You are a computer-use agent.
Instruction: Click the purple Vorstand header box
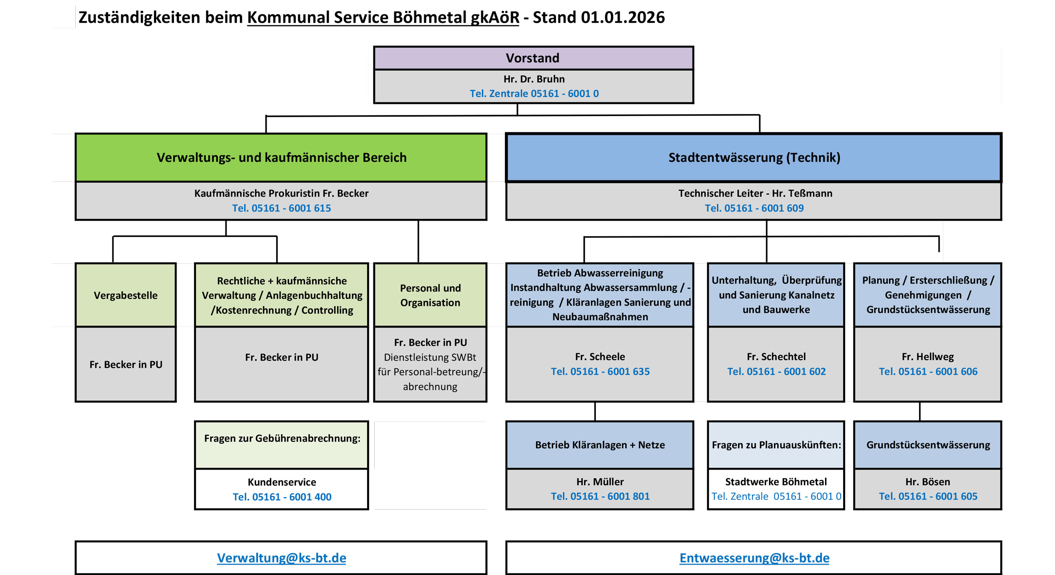tap(533, 58)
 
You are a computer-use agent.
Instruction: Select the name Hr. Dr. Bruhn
tap(534, 79)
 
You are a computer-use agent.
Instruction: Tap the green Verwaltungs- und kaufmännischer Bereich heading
tap(281, 158)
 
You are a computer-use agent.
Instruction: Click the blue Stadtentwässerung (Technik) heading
tap(754, 158)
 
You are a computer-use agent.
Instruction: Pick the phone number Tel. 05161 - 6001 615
tap(281, 208)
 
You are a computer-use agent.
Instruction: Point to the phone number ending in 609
tap(754, 208)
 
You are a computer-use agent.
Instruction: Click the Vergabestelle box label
tap(126, 296)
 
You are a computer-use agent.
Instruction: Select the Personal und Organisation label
tap(430, 296)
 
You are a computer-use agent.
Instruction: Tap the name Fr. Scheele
tap(600, 357)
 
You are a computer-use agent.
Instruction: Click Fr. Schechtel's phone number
tap(776, 372)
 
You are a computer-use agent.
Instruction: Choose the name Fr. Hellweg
tap(928, 357)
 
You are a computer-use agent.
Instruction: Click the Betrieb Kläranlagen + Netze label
tap(600, 445)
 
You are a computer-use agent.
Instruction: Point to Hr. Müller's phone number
tap(600, 496)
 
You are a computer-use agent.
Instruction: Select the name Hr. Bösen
tap(928, 482)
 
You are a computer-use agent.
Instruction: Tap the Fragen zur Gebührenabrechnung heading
tap(282, 438)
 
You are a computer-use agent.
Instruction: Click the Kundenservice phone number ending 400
tap(282, 497)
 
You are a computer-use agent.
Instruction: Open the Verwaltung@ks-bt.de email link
tap(281, 558)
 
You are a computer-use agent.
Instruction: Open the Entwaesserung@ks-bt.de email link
tap(754, 558)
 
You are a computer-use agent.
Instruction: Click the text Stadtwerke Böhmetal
tap(776, 482)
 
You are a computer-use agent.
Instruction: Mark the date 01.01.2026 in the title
tap(623, 18)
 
